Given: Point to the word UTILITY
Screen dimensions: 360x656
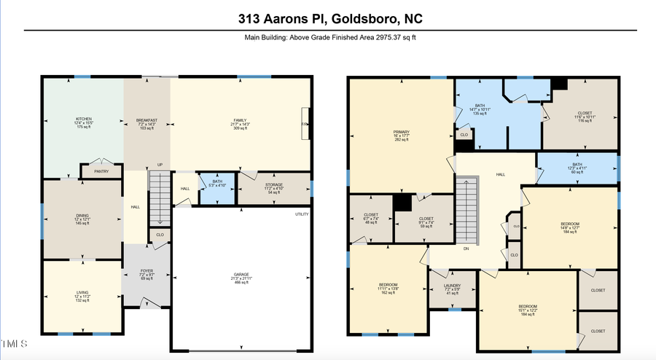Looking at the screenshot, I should point(302,214).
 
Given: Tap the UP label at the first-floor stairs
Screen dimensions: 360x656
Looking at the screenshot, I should point(159,165).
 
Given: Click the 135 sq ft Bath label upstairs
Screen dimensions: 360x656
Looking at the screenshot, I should point(480,109).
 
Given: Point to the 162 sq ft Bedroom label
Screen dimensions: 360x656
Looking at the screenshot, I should point(388,288).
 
